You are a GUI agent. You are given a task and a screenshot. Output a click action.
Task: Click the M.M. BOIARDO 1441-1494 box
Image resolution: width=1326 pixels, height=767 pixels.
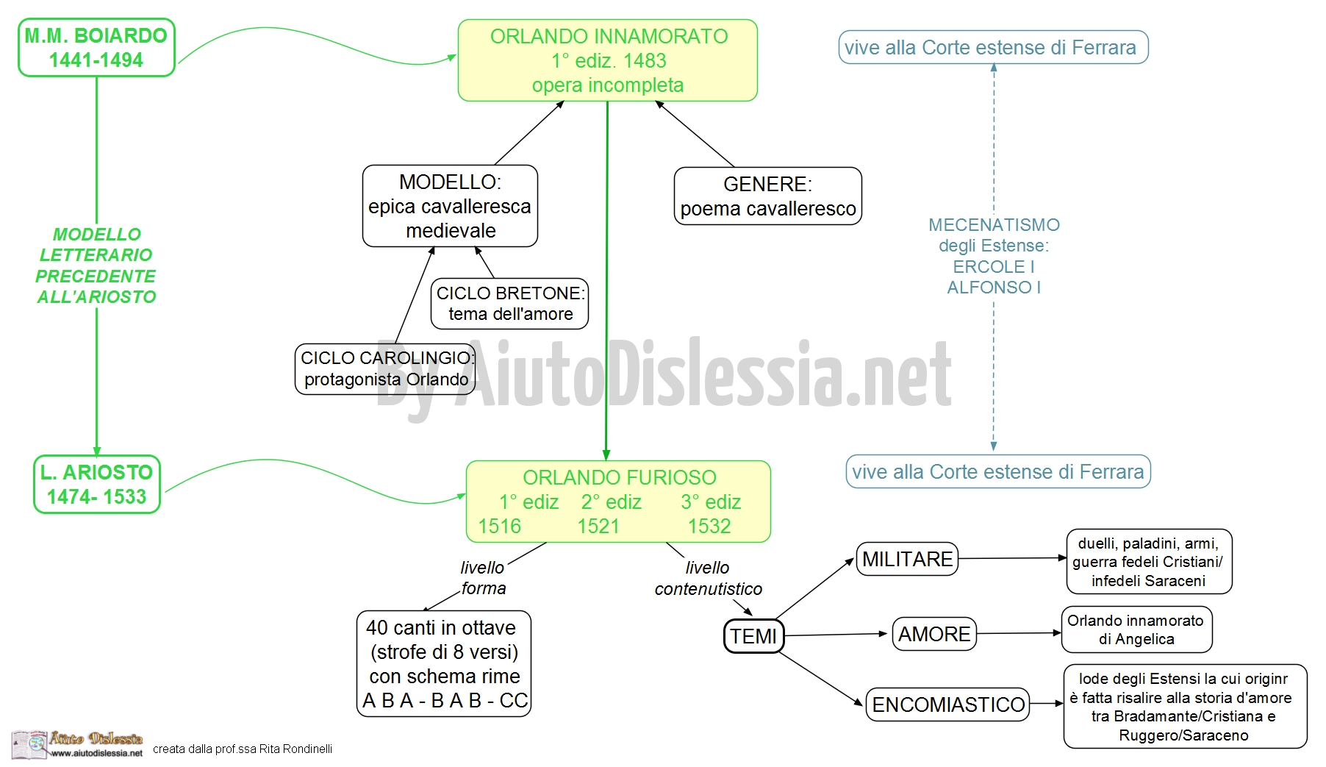tap(96, 48)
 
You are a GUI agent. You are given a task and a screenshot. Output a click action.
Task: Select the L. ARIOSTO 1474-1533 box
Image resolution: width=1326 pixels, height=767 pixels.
tap(96, 484)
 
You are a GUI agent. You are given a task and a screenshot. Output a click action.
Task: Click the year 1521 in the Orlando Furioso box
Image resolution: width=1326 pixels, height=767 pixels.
tap(598, 526)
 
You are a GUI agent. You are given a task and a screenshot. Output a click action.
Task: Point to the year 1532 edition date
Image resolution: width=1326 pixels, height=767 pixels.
tap(709, 526)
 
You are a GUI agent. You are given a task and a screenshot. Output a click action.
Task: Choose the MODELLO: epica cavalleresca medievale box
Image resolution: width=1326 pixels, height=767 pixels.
tap(450, 206)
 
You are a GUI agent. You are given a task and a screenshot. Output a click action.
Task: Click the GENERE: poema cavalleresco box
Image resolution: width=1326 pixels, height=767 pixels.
tap(767, 196)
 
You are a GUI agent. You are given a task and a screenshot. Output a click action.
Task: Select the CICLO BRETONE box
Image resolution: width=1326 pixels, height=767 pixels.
tap(510, 303)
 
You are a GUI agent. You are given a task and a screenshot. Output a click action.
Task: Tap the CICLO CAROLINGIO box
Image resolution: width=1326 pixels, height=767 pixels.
tap(385, 368)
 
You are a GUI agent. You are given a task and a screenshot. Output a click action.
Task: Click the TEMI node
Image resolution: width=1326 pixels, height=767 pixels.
tap(753, 636)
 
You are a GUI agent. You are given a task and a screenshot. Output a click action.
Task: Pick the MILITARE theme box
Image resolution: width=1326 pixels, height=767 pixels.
tap(907, 559)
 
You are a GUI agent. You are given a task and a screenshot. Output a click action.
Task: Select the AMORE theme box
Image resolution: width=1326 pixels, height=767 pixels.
tap(934, 634)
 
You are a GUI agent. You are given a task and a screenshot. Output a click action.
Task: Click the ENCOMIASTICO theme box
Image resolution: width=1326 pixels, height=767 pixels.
tap(948, 704)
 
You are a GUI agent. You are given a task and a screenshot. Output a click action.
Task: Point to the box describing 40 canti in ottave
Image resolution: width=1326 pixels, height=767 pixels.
tap(443, 663)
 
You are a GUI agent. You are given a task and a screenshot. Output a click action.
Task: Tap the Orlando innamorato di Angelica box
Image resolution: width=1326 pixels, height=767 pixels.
tap(1136, 629)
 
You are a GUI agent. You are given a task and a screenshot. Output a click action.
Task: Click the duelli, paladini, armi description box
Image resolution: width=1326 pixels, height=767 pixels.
tap(1149, 562)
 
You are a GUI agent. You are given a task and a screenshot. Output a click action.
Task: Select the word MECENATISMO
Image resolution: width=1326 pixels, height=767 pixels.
tap(994, 225)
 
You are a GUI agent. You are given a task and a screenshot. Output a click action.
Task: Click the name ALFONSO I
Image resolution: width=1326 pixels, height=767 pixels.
tap(994, 288)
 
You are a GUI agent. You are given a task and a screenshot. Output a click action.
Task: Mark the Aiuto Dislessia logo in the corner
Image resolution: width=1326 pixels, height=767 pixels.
tap(77, 744)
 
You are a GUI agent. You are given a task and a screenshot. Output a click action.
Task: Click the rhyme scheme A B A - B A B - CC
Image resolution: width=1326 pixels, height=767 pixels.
tap(445, 701)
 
